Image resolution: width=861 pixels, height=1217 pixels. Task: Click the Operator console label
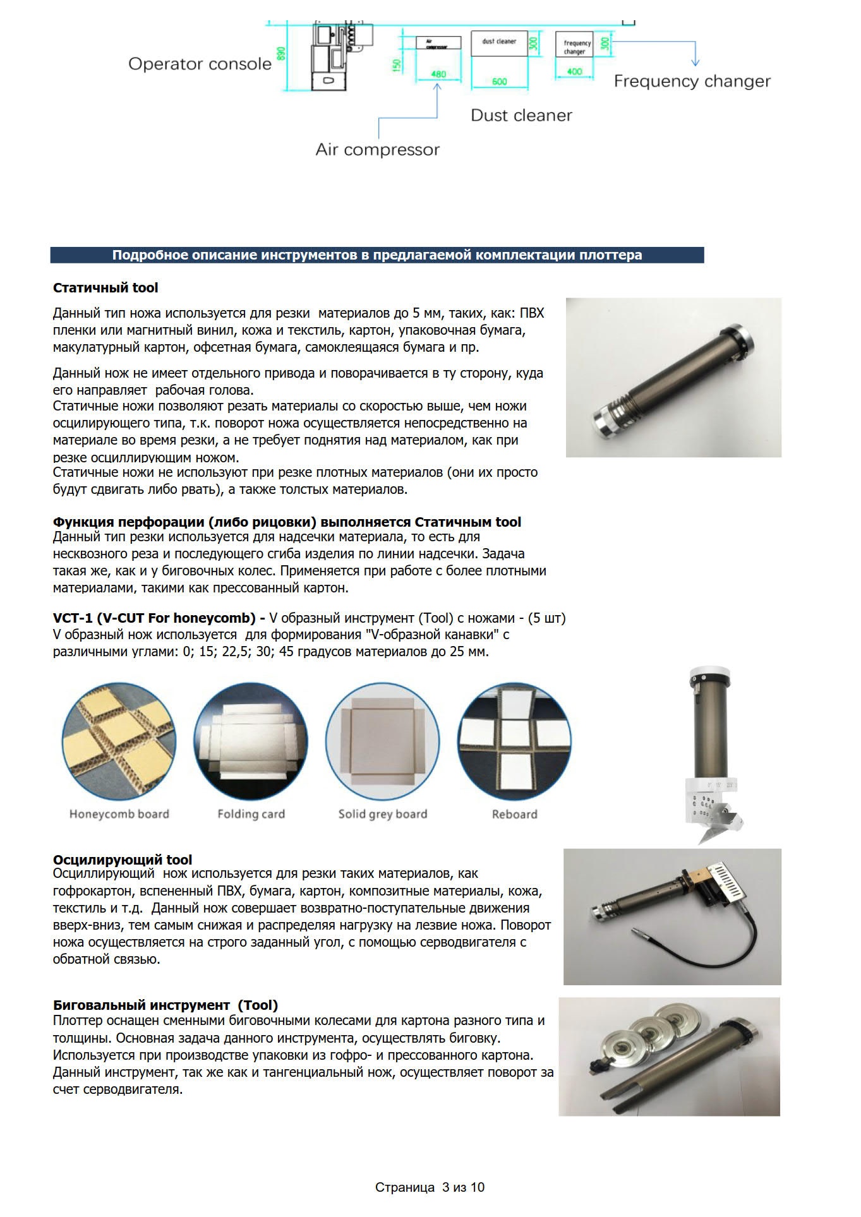(x=200, y=64)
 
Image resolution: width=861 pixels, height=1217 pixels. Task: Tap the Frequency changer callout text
(x=692, y=81)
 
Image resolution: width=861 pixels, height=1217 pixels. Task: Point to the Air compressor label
(x=377, y=150)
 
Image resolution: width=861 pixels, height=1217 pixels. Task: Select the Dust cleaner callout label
(x=521, y=116)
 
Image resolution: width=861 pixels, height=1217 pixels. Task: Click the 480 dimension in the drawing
(x=438, y=75)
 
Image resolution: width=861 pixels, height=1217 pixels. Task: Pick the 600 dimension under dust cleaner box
(x=499, y=81)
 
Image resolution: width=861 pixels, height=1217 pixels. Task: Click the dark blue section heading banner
(x=376, y=255)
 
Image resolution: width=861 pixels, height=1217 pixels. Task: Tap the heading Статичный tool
(x=105, y=288)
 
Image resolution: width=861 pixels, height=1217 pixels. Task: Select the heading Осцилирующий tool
(x=123, y=860)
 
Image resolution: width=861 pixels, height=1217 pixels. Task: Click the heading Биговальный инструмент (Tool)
(x=166, y=1005)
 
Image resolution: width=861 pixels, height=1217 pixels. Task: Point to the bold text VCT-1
(x=73, y=618)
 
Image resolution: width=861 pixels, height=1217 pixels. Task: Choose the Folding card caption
(x=251, y=814)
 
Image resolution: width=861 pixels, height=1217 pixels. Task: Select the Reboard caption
(x=514, y=814)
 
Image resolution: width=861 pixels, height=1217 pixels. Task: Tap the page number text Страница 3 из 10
(x=430, y=1187)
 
